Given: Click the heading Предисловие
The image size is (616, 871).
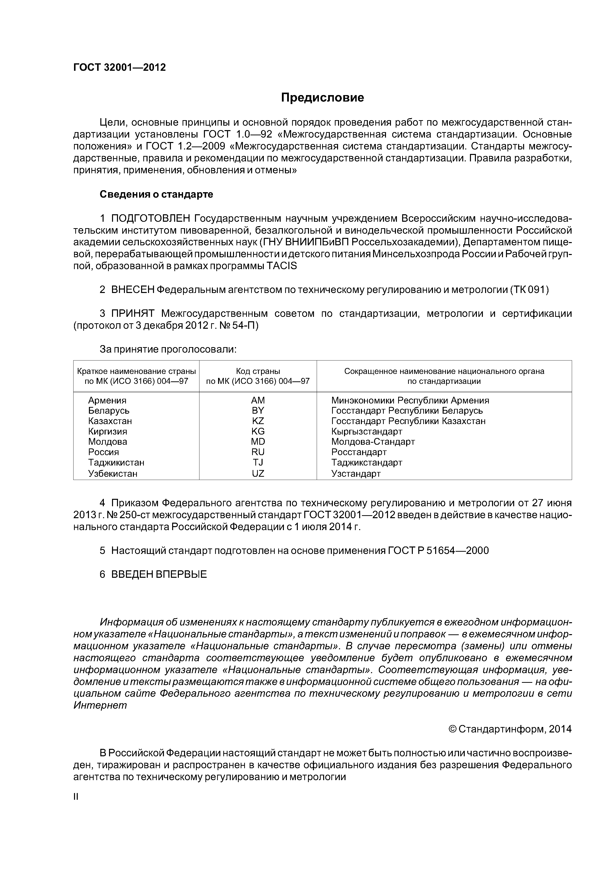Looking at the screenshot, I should [322, 98].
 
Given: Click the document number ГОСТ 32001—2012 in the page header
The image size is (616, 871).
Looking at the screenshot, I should [119, 68].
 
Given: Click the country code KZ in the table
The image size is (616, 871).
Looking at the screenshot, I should [258, 421].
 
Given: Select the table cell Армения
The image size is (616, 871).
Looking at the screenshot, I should [107, 400].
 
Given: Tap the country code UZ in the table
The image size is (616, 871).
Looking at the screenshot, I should [258, 473].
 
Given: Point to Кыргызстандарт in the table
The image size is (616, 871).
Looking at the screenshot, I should [367, 431].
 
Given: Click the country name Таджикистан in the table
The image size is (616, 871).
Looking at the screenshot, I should [116, 462].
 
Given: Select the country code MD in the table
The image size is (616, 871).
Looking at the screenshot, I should [258, 441].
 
